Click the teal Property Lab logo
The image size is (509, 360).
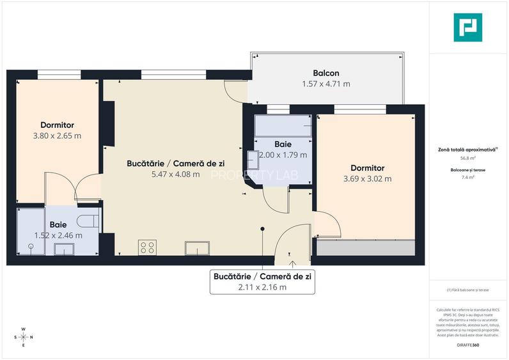467,27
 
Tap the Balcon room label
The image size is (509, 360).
325,73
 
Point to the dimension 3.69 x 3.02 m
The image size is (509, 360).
367,179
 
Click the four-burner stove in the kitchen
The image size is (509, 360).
147,247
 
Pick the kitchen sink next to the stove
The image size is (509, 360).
196,247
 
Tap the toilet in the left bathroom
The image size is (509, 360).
88,221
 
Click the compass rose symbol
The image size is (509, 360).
24,337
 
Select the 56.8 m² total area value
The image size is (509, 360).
467,157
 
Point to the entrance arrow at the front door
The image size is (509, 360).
292,261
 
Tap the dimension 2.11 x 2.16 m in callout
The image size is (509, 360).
262,287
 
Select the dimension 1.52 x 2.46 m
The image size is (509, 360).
58,235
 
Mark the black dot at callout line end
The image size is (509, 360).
262,228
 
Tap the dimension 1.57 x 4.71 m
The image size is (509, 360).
325,84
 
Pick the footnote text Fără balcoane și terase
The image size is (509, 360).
469,290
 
